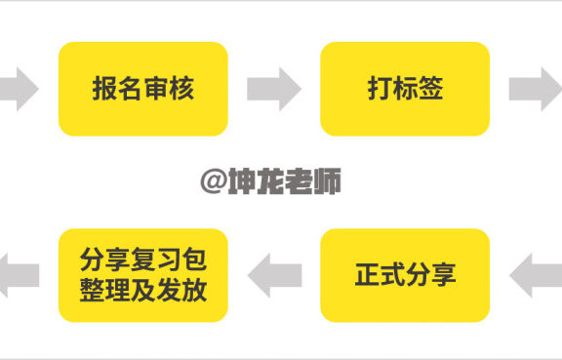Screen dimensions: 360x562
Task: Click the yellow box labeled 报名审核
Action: tap(142, 89)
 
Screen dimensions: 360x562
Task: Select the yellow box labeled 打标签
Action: tap(404, 89)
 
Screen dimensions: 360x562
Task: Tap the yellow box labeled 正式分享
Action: tap(404, 275)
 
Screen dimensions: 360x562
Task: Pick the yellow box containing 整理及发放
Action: tap(142, 275)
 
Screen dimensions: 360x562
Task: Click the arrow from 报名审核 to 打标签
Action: tap(274, 89)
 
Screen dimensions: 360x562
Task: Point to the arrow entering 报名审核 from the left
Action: tap(18, 89)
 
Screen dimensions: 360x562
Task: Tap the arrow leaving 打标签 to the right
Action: tap(534, 89)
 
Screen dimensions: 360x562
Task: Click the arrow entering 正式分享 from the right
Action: tap(536, 275)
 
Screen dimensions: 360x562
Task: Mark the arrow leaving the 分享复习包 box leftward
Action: tap(18, 275)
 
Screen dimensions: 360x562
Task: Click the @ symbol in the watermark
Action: tap(213, 180)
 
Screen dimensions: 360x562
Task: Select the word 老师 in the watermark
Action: tap(314, 180)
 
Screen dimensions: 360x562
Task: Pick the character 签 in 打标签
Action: tap(430, 89)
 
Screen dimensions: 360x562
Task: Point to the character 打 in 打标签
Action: tap(379, 89)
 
